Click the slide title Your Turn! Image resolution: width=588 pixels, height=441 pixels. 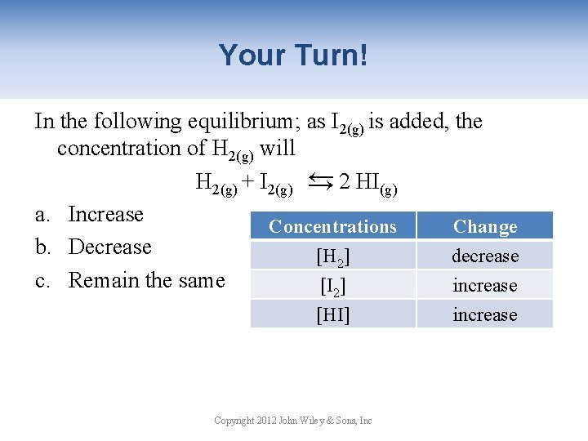click(x=293, y=56)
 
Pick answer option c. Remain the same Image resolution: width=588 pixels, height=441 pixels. click(x=130, y=280)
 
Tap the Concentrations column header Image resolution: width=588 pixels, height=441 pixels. click(x=332, y=226)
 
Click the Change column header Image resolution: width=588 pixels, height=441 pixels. click(x=485, y=226)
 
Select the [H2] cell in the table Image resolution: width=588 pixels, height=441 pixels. click(x=332, y=256)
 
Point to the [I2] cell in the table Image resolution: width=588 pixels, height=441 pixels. click(x=332, y=286)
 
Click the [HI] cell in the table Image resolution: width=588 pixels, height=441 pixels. click(x=332, y=314)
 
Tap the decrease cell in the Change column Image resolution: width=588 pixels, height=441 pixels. click(x=485, y=256)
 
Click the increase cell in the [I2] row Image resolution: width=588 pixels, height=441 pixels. click(x=485, y=286)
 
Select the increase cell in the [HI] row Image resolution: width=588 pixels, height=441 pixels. click(x=485, y=314)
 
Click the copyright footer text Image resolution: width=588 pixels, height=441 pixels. click(x=292, y=420)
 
